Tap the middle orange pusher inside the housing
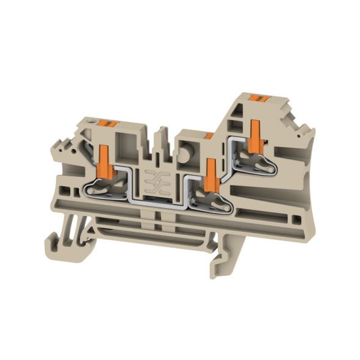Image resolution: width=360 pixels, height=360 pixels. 212,173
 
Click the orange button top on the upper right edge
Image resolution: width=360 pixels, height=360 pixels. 264,98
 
